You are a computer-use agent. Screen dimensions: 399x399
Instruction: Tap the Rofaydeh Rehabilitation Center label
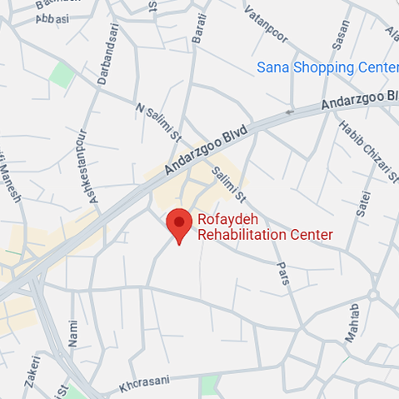point(264,227)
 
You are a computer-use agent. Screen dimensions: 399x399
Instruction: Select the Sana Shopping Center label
point(327,67)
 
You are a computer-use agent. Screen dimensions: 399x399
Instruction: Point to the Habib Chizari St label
point(359,149)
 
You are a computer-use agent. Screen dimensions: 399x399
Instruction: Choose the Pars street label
point(284,273)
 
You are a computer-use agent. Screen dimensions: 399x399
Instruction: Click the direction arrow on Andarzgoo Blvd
point(290,111)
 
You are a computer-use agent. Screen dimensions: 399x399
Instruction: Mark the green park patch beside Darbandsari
point(61,74)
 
